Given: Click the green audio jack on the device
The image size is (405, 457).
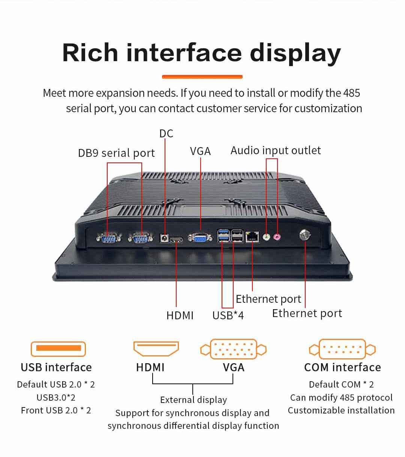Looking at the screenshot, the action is coord(266,237).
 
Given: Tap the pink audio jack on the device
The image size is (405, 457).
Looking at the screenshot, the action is coord(277,237).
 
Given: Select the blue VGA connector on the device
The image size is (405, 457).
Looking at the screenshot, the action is coord(200,237).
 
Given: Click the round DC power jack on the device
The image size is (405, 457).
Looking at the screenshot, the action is coord(164,238).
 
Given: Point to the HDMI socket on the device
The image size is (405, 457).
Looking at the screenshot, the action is coord(176,240).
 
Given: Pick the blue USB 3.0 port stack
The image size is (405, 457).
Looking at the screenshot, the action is coord(223,235).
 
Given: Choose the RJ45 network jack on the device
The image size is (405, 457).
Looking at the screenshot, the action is coord(252,237).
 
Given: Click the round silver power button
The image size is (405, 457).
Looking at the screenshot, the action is coord(305,235).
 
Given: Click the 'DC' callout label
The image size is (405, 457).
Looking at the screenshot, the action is coord(166,134).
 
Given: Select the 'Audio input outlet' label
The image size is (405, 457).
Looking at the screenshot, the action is coord(276,150).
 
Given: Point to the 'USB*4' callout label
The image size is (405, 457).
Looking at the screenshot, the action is coord(228,315).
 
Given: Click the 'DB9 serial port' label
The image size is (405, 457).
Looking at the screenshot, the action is coord(116,153).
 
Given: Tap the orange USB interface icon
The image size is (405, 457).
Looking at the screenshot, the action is coord(58,349).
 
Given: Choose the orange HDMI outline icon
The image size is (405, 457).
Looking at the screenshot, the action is coord(156,349).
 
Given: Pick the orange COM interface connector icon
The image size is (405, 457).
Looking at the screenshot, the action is coord(342,349).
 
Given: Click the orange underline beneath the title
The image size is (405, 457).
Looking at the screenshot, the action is coord(202,77).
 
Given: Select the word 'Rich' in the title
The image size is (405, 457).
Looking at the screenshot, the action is coord(90,53).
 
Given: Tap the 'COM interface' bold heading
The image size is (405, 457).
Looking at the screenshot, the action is coord(342,367).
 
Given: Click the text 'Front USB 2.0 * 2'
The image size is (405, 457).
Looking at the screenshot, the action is coord(56,410).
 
